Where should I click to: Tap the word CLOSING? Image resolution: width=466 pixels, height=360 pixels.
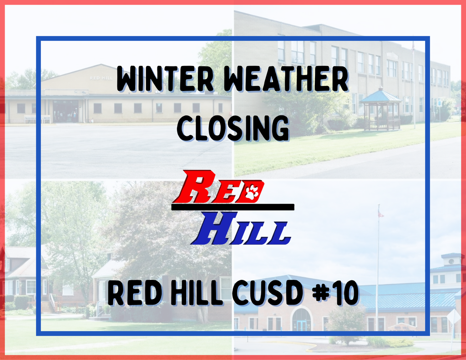[233, 128]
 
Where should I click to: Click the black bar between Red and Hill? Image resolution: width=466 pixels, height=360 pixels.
[233, 207]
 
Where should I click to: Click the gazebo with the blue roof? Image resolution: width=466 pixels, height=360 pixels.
[380, 109]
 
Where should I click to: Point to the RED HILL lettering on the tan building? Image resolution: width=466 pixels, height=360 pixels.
[101, 78]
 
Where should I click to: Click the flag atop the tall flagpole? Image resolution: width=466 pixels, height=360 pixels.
[381, 213]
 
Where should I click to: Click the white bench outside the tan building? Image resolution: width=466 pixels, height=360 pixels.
[38, 119]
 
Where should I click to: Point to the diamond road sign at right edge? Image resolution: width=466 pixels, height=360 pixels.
[453, 316]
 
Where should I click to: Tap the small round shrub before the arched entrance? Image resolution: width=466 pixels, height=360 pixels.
[346, 323]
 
